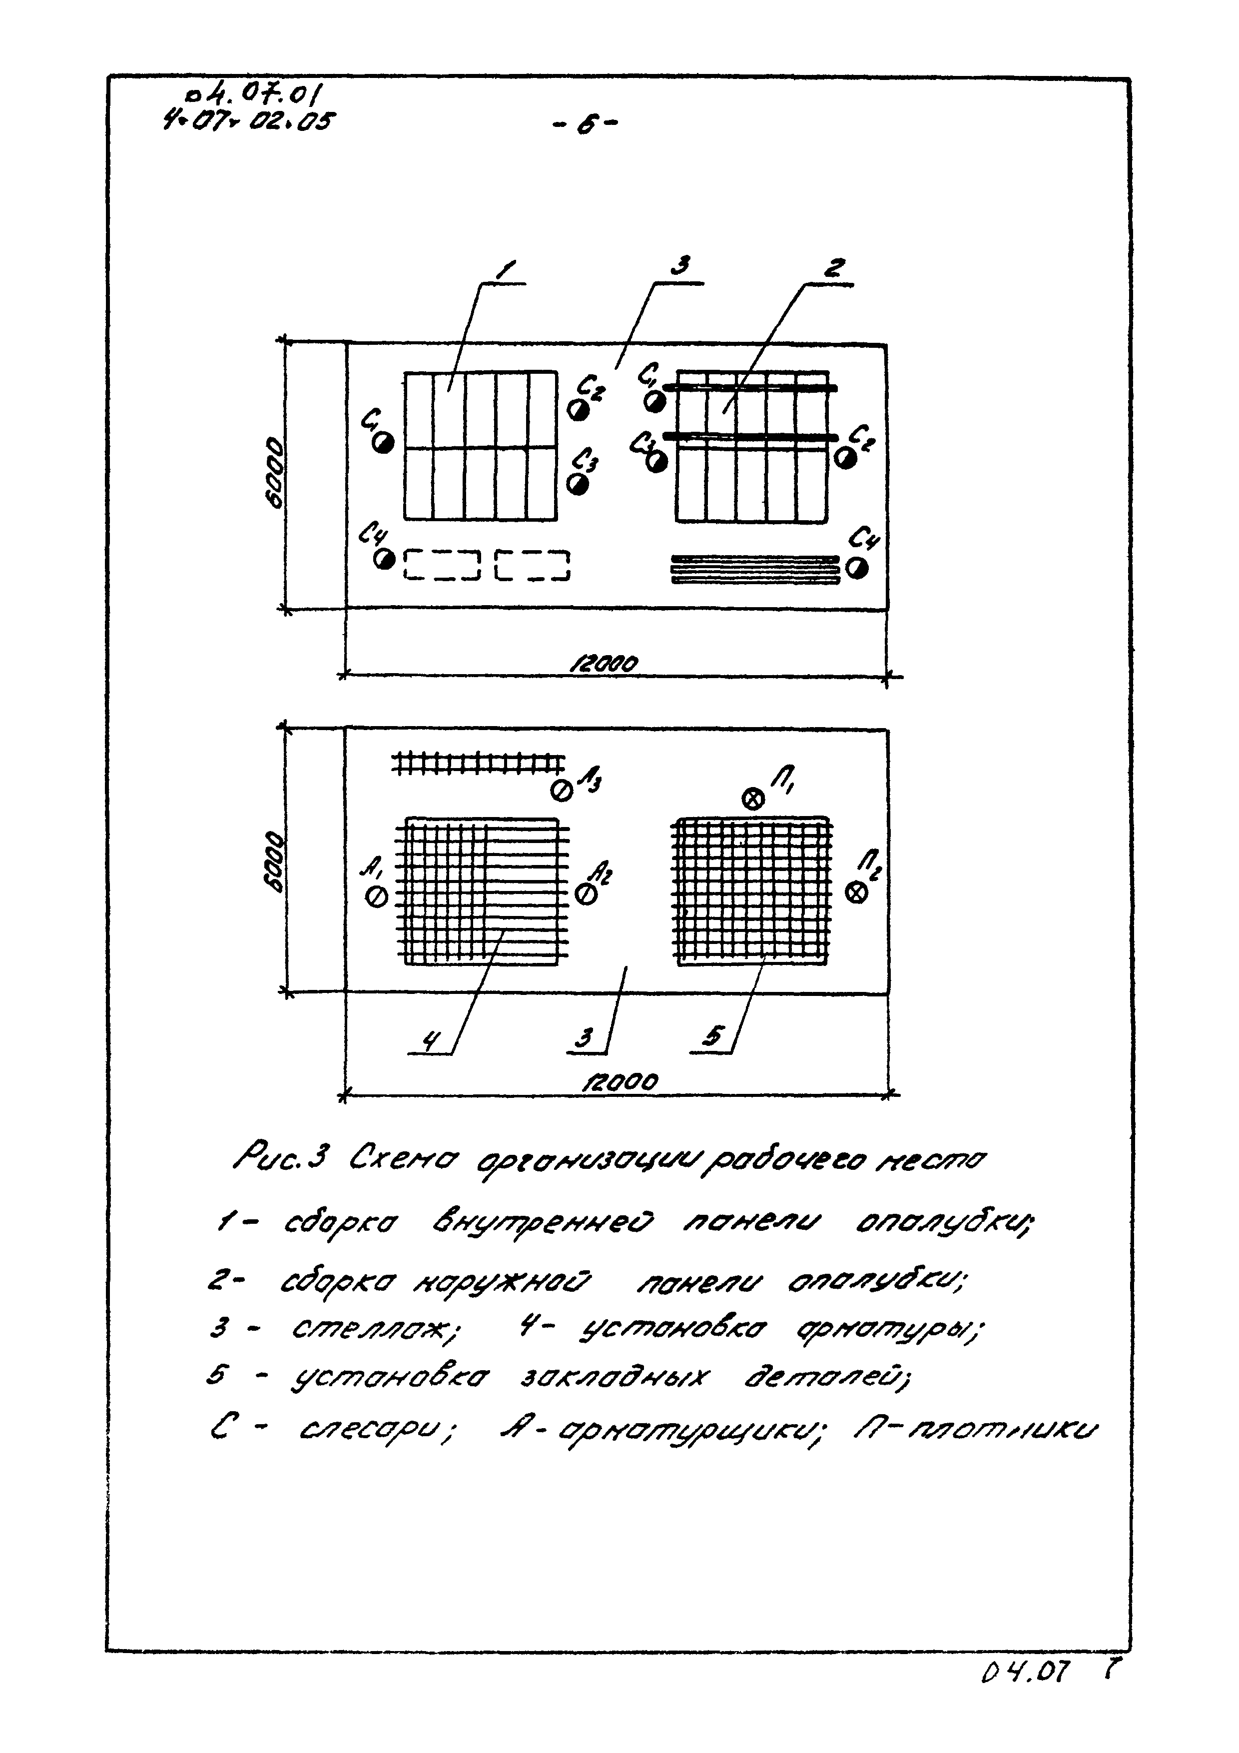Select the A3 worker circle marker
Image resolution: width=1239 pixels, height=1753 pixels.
coord(562,791)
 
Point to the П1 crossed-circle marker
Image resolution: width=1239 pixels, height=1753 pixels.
coord(753,799)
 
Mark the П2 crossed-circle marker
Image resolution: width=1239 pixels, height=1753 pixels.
coord(857,892)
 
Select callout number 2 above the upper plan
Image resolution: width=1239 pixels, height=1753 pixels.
coord(834,269)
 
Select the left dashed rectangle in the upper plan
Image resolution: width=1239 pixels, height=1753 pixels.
coord(441,565)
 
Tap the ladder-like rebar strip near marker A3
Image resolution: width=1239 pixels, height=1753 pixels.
coord(479,763)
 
